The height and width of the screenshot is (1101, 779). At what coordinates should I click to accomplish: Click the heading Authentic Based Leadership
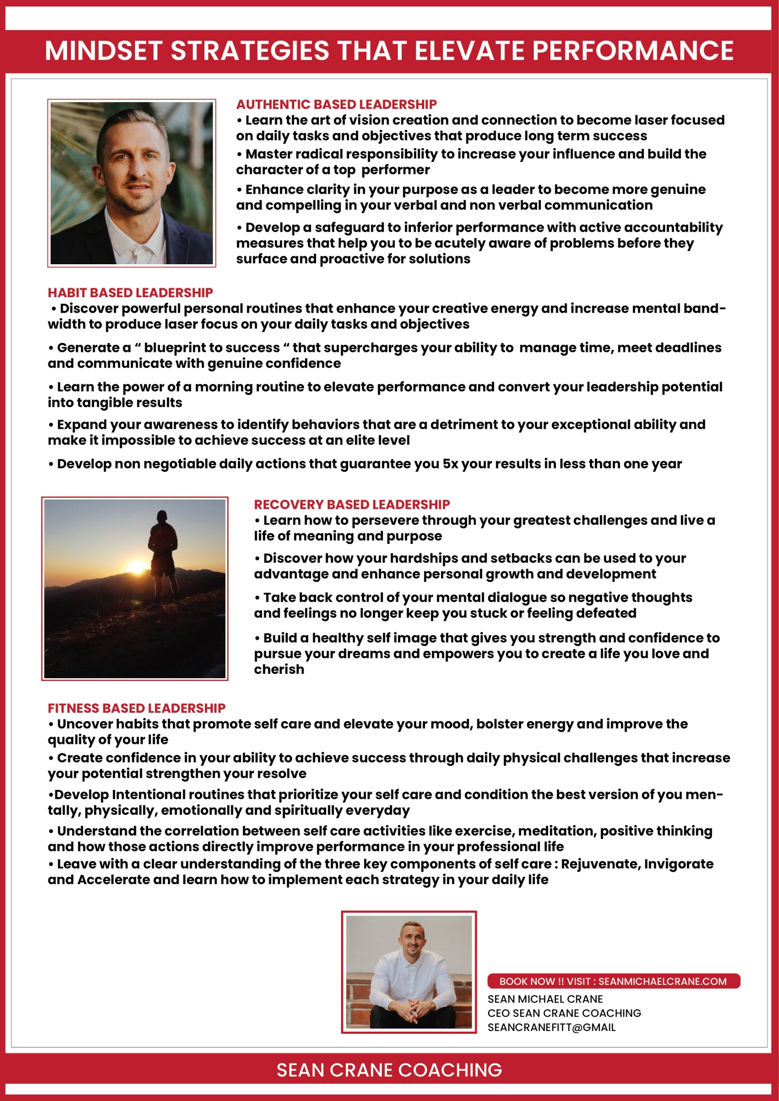(x=336, y=105)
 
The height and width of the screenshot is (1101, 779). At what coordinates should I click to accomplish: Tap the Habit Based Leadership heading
(x=130, y=293)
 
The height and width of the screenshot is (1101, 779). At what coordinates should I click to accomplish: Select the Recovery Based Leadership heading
(x=351, y=505)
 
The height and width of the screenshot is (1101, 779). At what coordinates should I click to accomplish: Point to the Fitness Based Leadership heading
(x=137, y=708)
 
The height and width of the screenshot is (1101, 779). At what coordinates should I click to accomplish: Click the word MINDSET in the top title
(x=103, y=51)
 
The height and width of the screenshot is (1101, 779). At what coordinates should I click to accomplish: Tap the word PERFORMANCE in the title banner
(x=632, y=51)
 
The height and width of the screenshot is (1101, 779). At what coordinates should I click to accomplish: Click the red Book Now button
(x=613, y=981)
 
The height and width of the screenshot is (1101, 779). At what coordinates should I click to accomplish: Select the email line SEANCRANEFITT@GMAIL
(x=551, y=1027)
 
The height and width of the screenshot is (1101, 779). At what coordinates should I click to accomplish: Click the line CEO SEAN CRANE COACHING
(x=564, y=1013)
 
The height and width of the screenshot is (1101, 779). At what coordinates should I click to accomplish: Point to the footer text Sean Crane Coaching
(x=389, y=1070)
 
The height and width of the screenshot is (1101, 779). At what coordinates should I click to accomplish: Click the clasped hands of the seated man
(x=408, y=1010)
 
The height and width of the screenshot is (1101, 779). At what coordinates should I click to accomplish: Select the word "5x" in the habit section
(x=451, y=464)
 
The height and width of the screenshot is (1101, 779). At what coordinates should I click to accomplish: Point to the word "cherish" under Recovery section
(x=279, y=669)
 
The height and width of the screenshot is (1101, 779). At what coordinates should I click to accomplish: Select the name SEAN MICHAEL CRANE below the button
(x=545, y=999)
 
